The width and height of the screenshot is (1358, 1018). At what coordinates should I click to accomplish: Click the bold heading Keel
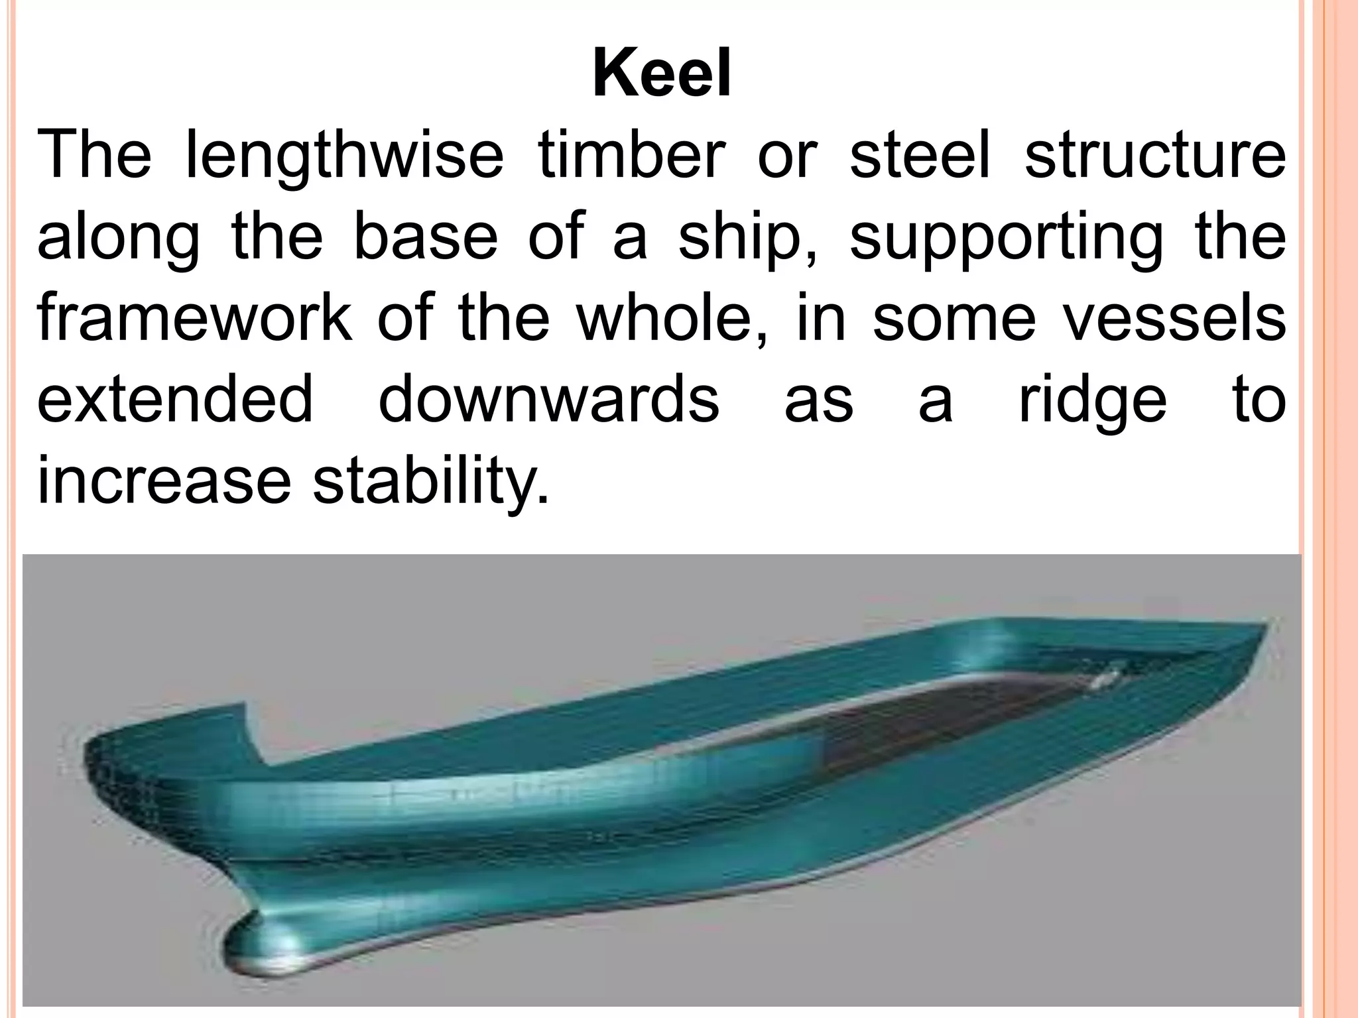[x=662, y=76]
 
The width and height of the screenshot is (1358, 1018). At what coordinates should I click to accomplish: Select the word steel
[x=919, y=157]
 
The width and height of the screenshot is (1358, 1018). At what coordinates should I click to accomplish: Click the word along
[x=118, y=240]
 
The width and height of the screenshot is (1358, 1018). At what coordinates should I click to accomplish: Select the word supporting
[x=1005, y=240]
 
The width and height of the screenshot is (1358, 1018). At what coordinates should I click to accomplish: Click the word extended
[x=174, y=399]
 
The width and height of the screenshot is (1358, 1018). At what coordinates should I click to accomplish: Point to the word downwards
[x=548, y=399]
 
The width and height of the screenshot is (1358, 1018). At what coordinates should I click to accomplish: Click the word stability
[x=431, y=481]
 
